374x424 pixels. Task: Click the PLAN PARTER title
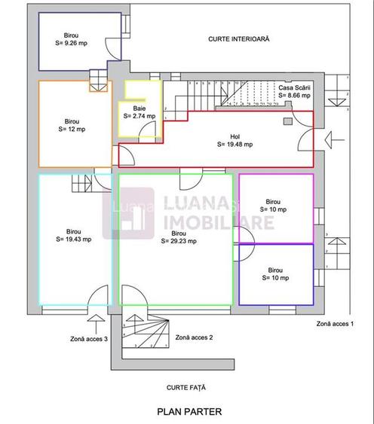tap(189, 412)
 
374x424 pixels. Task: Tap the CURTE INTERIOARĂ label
tap(239, 38)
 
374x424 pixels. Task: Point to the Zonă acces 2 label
tap(194, 337)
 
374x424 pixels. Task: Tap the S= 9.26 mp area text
tap(72, 44)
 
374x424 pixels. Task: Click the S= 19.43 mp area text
tap(74, 239)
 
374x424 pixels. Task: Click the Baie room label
tap(139, 108)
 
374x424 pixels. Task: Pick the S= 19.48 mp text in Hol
tap(235, 144)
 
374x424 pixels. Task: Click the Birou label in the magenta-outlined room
tap(274, 202)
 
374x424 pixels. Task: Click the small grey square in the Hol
tap(288, 120)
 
